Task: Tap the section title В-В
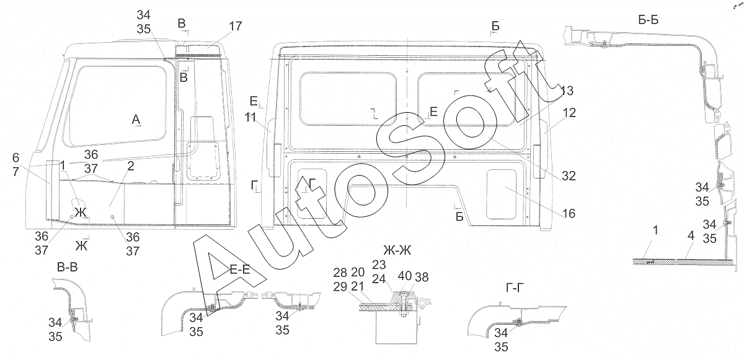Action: coord(68,267)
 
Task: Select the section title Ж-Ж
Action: coord(397,250)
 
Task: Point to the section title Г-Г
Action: coord(515,288)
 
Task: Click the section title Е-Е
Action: coord(240,270)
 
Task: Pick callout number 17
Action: coord(235,26)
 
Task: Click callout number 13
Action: coord(567,90)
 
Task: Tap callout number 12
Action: coord(569,113)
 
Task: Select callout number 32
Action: coord(569,176)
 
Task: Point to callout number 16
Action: coord(569,214)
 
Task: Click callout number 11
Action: coord(250,117)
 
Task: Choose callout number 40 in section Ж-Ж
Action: coord(404,276)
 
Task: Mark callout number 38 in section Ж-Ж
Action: coord(422,277)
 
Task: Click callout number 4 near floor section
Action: coord(691,236)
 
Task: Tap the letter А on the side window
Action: coord(136,120)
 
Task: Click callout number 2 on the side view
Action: coord(131,166)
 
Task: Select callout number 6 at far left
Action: coord(16,157)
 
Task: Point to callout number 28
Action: coord(340,273)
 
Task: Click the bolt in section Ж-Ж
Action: coord(403,304)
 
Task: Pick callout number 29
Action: coord(340,287)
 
